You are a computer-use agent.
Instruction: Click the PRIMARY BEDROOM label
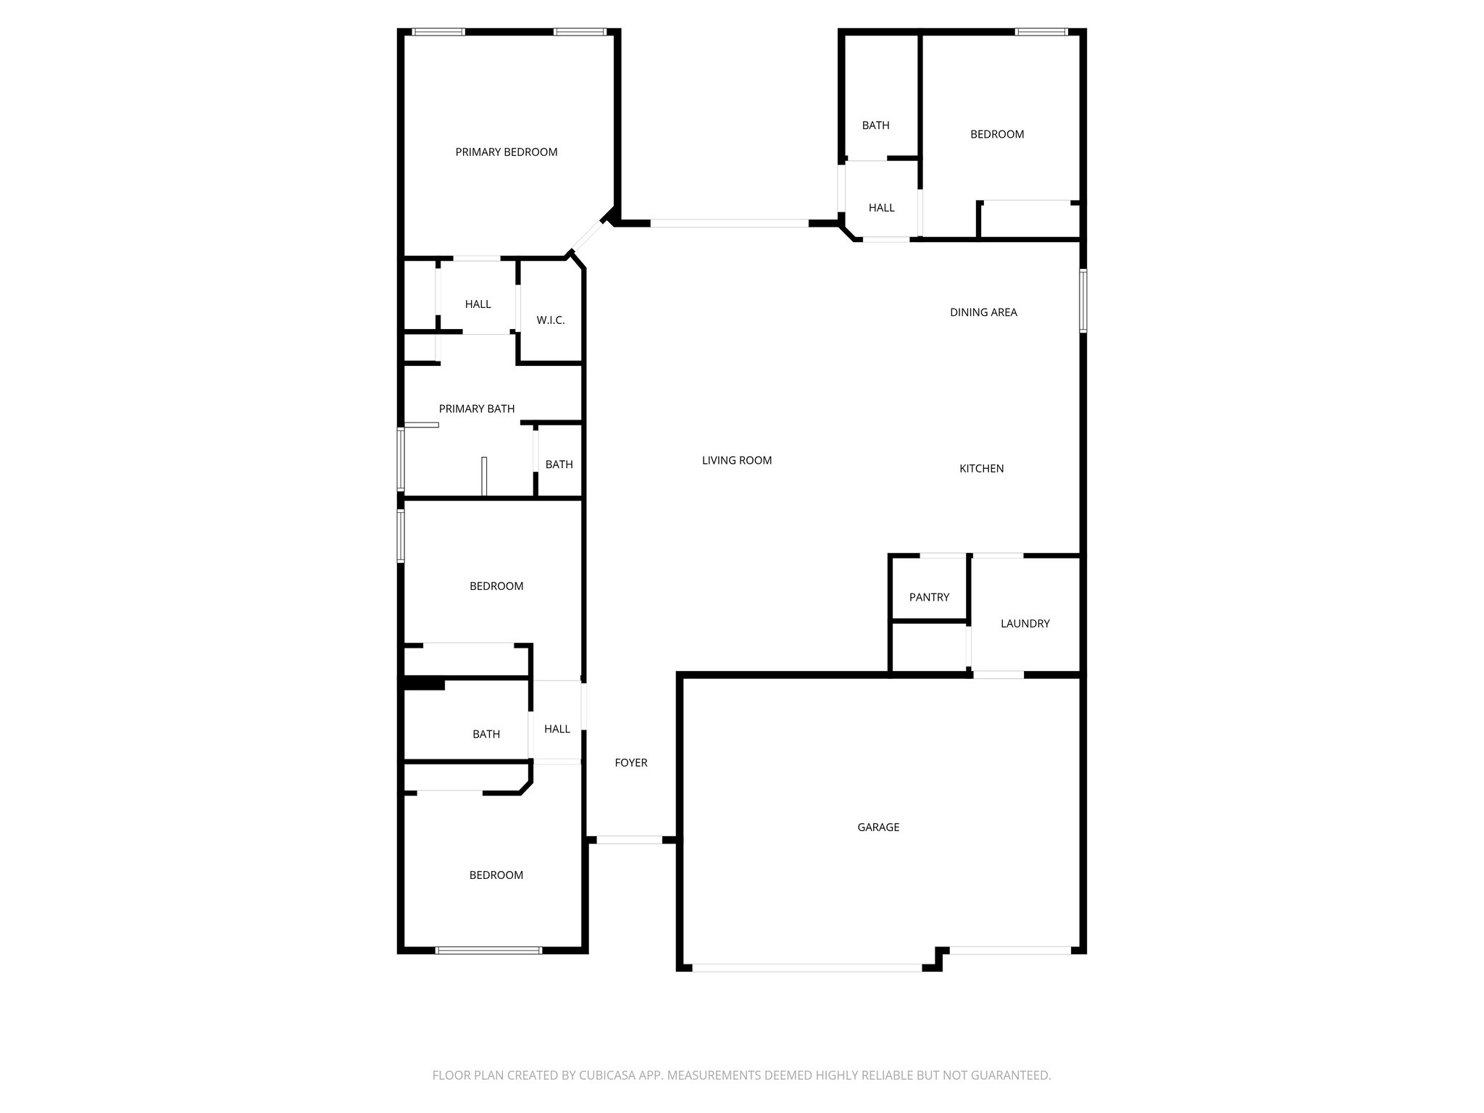506,152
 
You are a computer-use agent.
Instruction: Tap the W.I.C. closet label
550,320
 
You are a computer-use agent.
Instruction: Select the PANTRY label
929,597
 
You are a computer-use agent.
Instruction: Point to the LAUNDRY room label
1025,623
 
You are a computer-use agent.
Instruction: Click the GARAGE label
878,827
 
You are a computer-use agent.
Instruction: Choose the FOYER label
630,762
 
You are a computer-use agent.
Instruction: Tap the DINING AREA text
983,312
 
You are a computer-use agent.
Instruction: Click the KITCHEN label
981,469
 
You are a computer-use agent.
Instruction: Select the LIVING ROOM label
736,460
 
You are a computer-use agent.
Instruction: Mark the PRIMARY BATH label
477,409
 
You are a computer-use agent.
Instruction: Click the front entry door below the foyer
629,840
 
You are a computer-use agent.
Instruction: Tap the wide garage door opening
806,967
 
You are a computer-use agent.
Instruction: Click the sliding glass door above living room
729,223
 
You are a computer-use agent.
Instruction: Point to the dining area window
1083,300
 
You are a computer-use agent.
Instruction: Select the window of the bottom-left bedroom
488,950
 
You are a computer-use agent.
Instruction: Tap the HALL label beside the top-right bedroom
881,208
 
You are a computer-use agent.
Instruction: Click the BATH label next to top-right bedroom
875,125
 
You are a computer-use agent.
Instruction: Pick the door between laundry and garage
998,675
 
